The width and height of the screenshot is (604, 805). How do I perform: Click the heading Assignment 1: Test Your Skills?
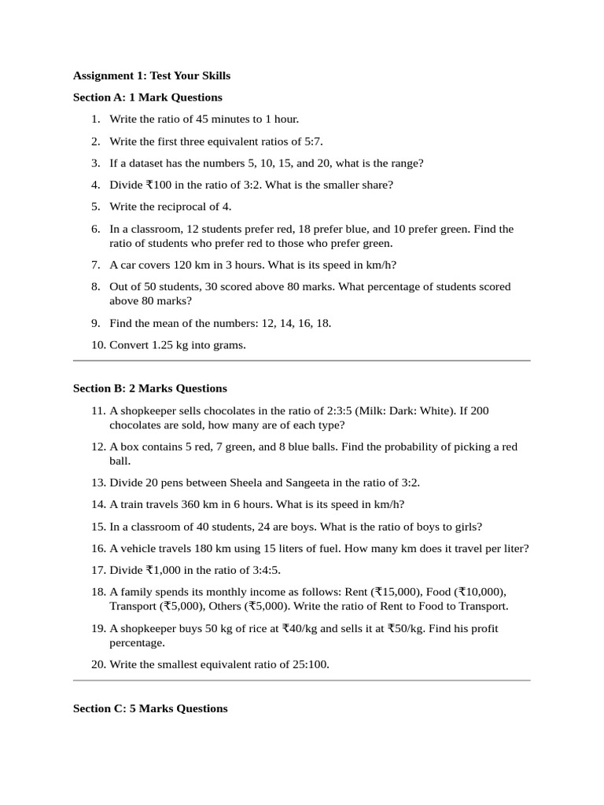152,75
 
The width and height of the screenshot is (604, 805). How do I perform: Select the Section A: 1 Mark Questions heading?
148,97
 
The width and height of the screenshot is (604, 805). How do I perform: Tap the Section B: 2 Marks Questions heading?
150,388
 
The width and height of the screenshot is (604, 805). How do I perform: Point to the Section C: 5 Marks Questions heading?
150,708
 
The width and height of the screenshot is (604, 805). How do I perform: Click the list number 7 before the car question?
95,265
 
